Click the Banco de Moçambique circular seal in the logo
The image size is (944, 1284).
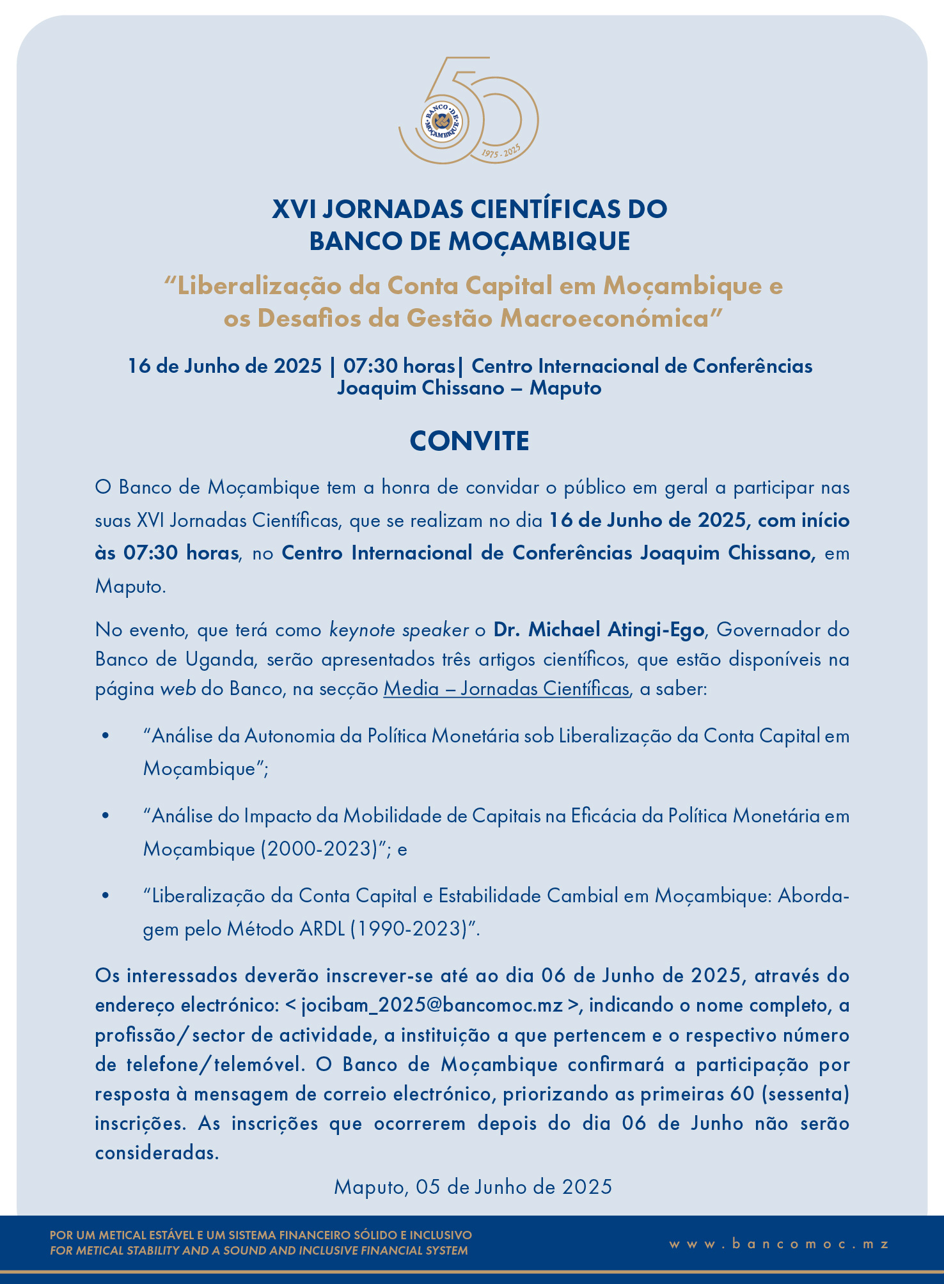point(442,120)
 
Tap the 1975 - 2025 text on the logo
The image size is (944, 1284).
point(501,152)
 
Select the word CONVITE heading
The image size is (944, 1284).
point(469,441)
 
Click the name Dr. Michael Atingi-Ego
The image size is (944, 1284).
point(599,630)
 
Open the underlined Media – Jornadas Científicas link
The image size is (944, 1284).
point(507,689)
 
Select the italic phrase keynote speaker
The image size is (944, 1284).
point(399,630)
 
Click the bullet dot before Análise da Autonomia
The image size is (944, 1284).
point(106,736)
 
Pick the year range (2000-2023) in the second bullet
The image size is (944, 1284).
point(320,849)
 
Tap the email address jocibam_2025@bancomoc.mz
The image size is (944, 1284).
point(432,1005)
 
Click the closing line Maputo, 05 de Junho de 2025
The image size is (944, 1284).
point(473,1187)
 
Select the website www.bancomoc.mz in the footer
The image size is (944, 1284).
point(779,1244)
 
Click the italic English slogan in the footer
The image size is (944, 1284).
point(259,1251)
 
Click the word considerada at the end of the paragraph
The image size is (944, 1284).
point(157,1153)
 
